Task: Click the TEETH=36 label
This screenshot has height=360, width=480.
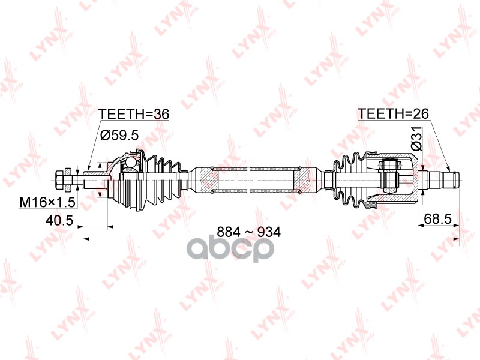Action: [x=134, y=114]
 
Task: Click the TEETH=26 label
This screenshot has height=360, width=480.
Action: [x=394, y=113]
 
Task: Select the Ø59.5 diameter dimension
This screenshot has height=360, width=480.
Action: [x=119, y=135]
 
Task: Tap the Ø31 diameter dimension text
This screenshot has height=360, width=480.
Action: [x=416, y=139]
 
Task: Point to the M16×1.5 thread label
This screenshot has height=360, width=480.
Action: [x=47, y=202]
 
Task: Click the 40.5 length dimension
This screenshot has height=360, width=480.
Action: [x=59, y=220]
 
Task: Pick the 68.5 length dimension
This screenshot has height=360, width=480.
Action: [x=438, y=219]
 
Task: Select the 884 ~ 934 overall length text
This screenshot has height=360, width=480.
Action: [x=248, y=232]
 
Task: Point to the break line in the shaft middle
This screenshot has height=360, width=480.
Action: [x=249, y=179]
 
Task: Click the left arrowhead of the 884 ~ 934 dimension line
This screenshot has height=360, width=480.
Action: [x=86, y=239]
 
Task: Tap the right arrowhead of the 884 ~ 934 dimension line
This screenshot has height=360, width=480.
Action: [x=457, y=239]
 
